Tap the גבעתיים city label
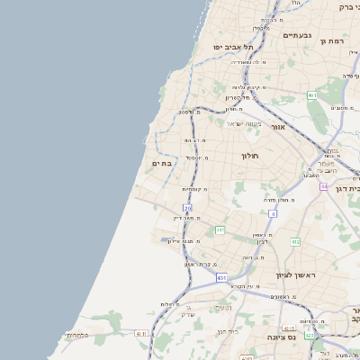point(297,35)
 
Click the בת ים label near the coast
point(162,163)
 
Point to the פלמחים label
point(77,335)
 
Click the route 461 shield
point(312,94)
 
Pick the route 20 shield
point(188,208)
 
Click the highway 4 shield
point(272,214)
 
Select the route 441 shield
point(220,230)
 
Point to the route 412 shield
point(295,241)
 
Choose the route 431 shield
point(221,278)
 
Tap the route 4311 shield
point(140,333)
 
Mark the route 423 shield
point(310,336)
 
